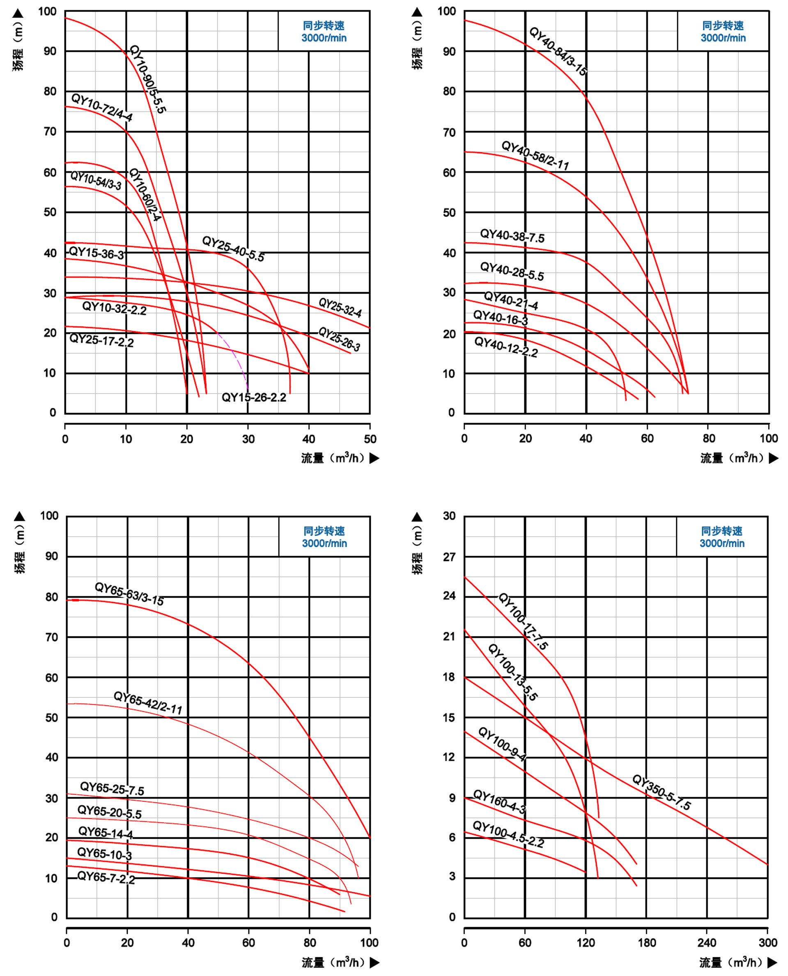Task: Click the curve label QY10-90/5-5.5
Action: click(x=147, y=79)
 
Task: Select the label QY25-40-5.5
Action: click(x=233, y=249)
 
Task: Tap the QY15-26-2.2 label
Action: click(x=254, y=398)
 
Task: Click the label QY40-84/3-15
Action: click(x=558, y=51)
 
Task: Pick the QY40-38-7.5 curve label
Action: click(x=512, y=236)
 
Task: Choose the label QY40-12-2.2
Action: click(x=505, y=347)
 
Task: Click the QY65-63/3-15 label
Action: click(x=129, y=594)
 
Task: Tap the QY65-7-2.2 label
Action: click(x=106, y=877)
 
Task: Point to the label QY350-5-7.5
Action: click(x=662, y=793)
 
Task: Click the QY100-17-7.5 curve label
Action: click(x=523, y=621)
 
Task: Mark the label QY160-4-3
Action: click(x=499, y=802)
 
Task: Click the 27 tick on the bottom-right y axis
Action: click(x=449, y=557)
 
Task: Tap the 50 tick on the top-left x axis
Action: click(x=370, y=439)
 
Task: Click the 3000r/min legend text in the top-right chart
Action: click(x=723, y=38)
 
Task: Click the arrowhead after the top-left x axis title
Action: click(x=374, y=458)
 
